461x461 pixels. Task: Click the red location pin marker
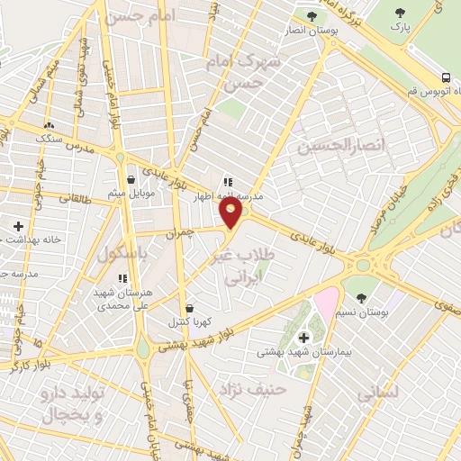(x=231, y=212)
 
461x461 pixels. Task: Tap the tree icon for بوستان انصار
(x=312, y=14)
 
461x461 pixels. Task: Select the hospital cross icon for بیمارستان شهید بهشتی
(x=303, y=337)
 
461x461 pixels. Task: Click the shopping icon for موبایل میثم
(x=132, y=178)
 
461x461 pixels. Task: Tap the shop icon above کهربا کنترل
(x=188, y=308)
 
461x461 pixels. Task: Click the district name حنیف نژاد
(x=251, y=389)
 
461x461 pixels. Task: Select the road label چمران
(x=180, y=232)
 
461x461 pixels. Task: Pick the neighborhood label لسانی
(x=378, y=393)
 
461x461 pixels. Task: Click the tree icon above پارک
(x=400, y=13)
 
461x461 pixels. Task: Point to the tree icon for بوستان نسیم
(x=361, y=296)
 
